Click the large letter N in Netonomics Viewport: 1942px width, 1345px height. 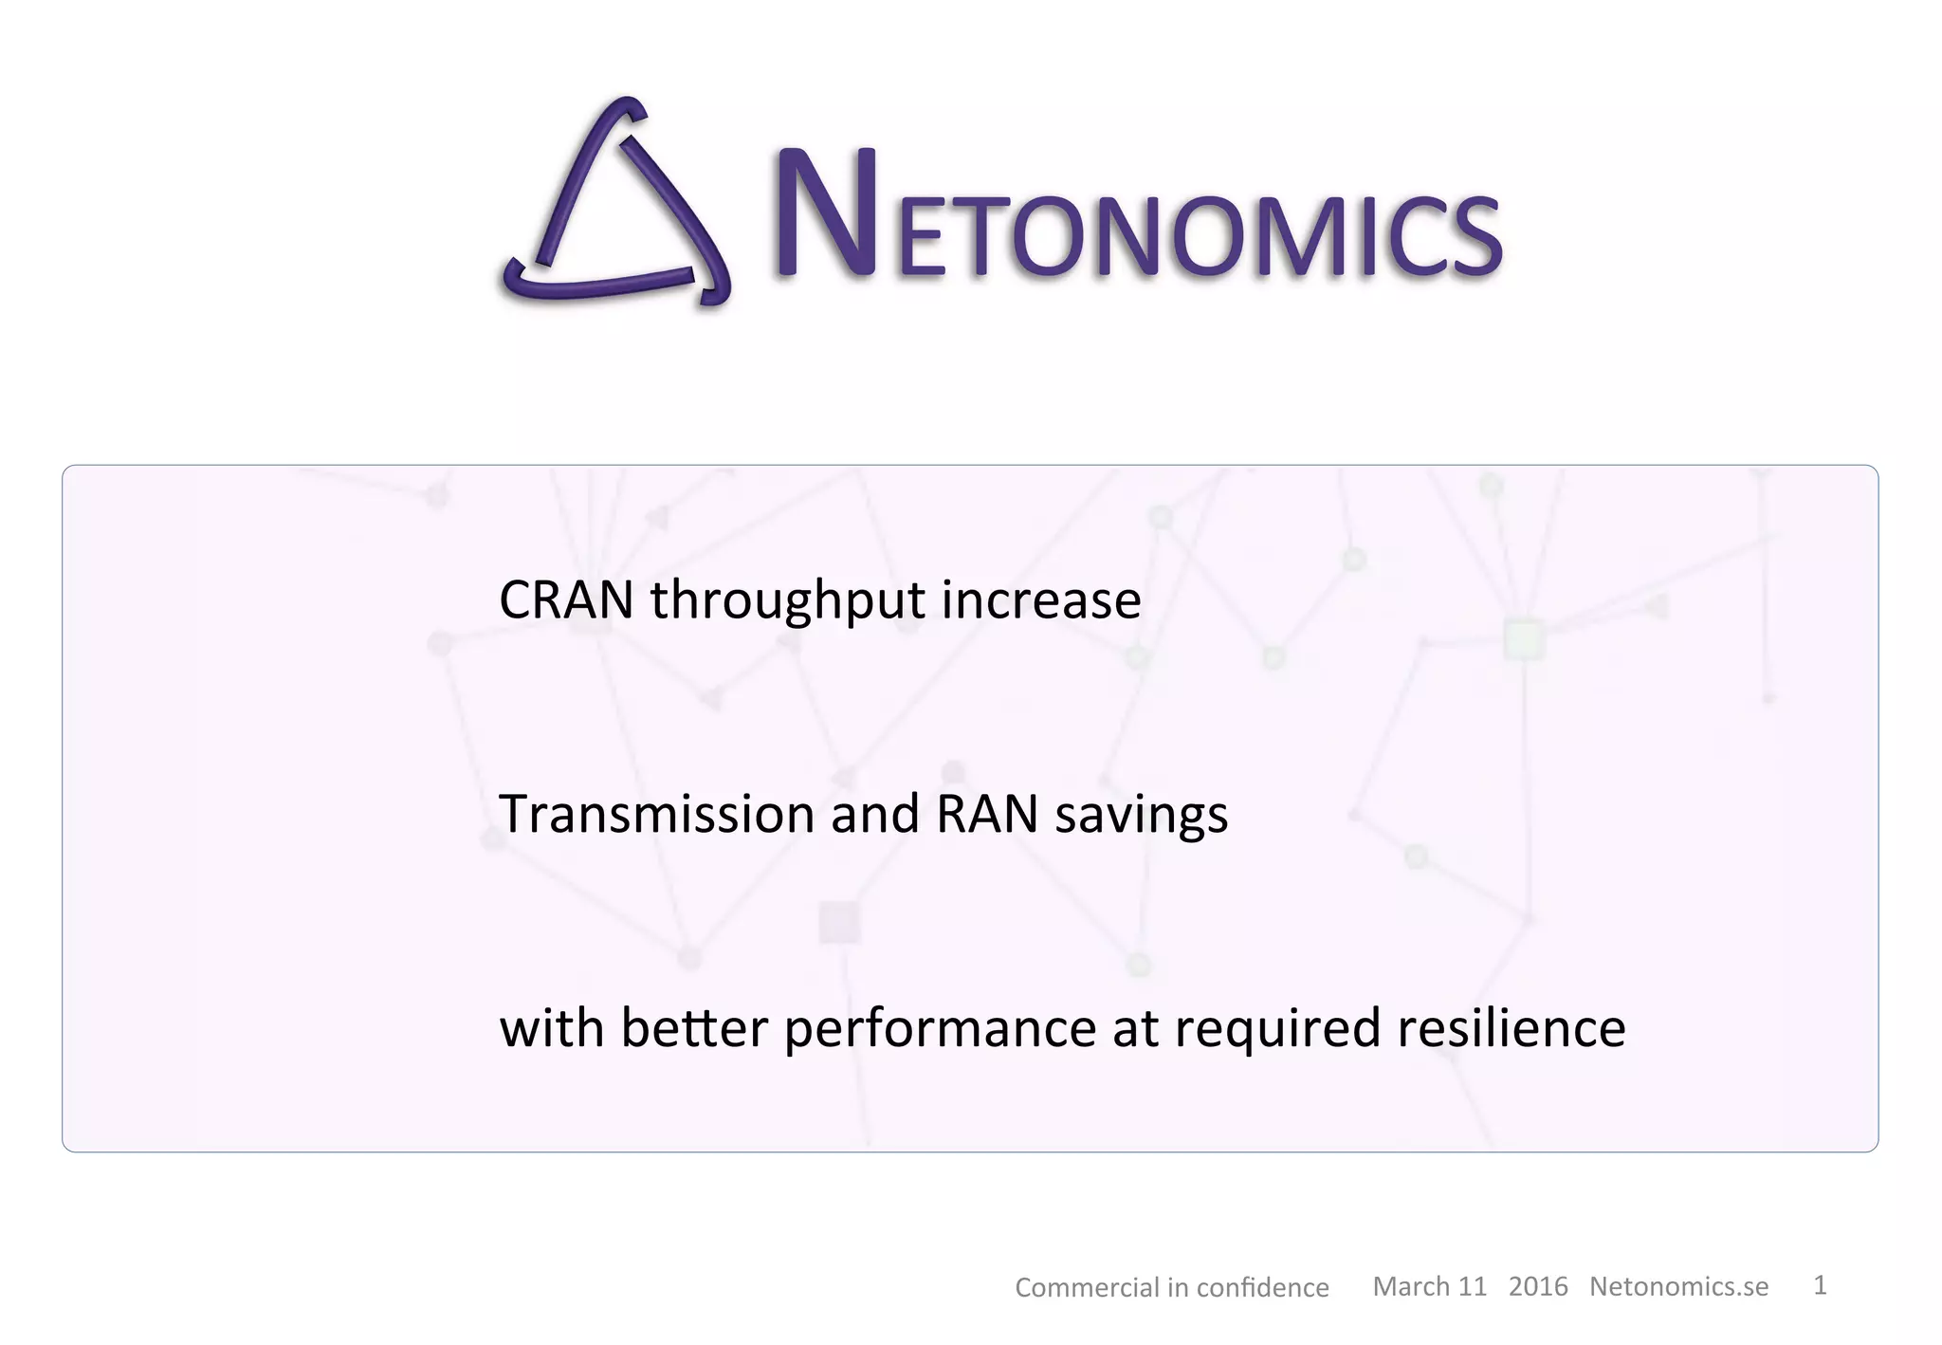coord(825,214)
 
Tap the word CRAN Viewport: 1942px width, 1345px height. coord(566,600)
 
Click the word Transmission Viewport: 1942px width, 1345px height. coord(656,814)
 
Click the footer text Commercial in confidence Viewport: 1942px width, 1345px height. coord(1172,1287)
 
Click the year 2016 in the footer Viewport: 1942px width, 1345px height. coord(1538,1286)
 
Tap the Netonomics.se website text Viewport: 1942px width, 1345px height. coord(1678,1286)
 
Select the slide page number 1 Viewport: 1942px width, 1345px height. coord(1820,1285)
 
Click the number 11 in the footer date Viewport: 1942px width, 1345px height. coord(1472,1286)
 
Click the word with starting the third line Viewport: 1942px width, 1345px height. coord(552,1028)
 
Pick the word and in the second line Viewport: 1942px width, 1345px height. coord(874,814)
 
